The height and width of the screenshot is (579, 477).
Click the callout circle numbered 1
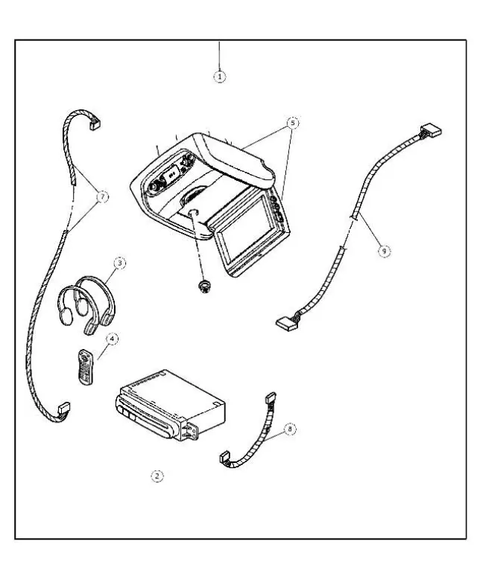click(220, 75)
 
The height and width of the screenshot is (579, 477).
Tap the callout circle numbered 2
click(157, 475)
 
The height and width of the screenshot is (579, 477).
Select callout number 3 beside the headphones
click(119, 263)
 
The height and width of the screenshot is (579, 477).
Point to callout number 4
click(112, 338)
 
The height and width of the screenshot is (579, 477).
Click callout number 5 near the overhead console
click(293, 121)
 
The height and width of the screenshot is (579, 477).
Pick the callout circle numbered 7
click(102, 196)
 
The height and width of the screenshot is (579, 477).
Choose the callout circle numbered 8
click(290, 429)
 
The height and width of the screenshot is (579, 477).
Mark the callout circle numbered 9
click(384, 252)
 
